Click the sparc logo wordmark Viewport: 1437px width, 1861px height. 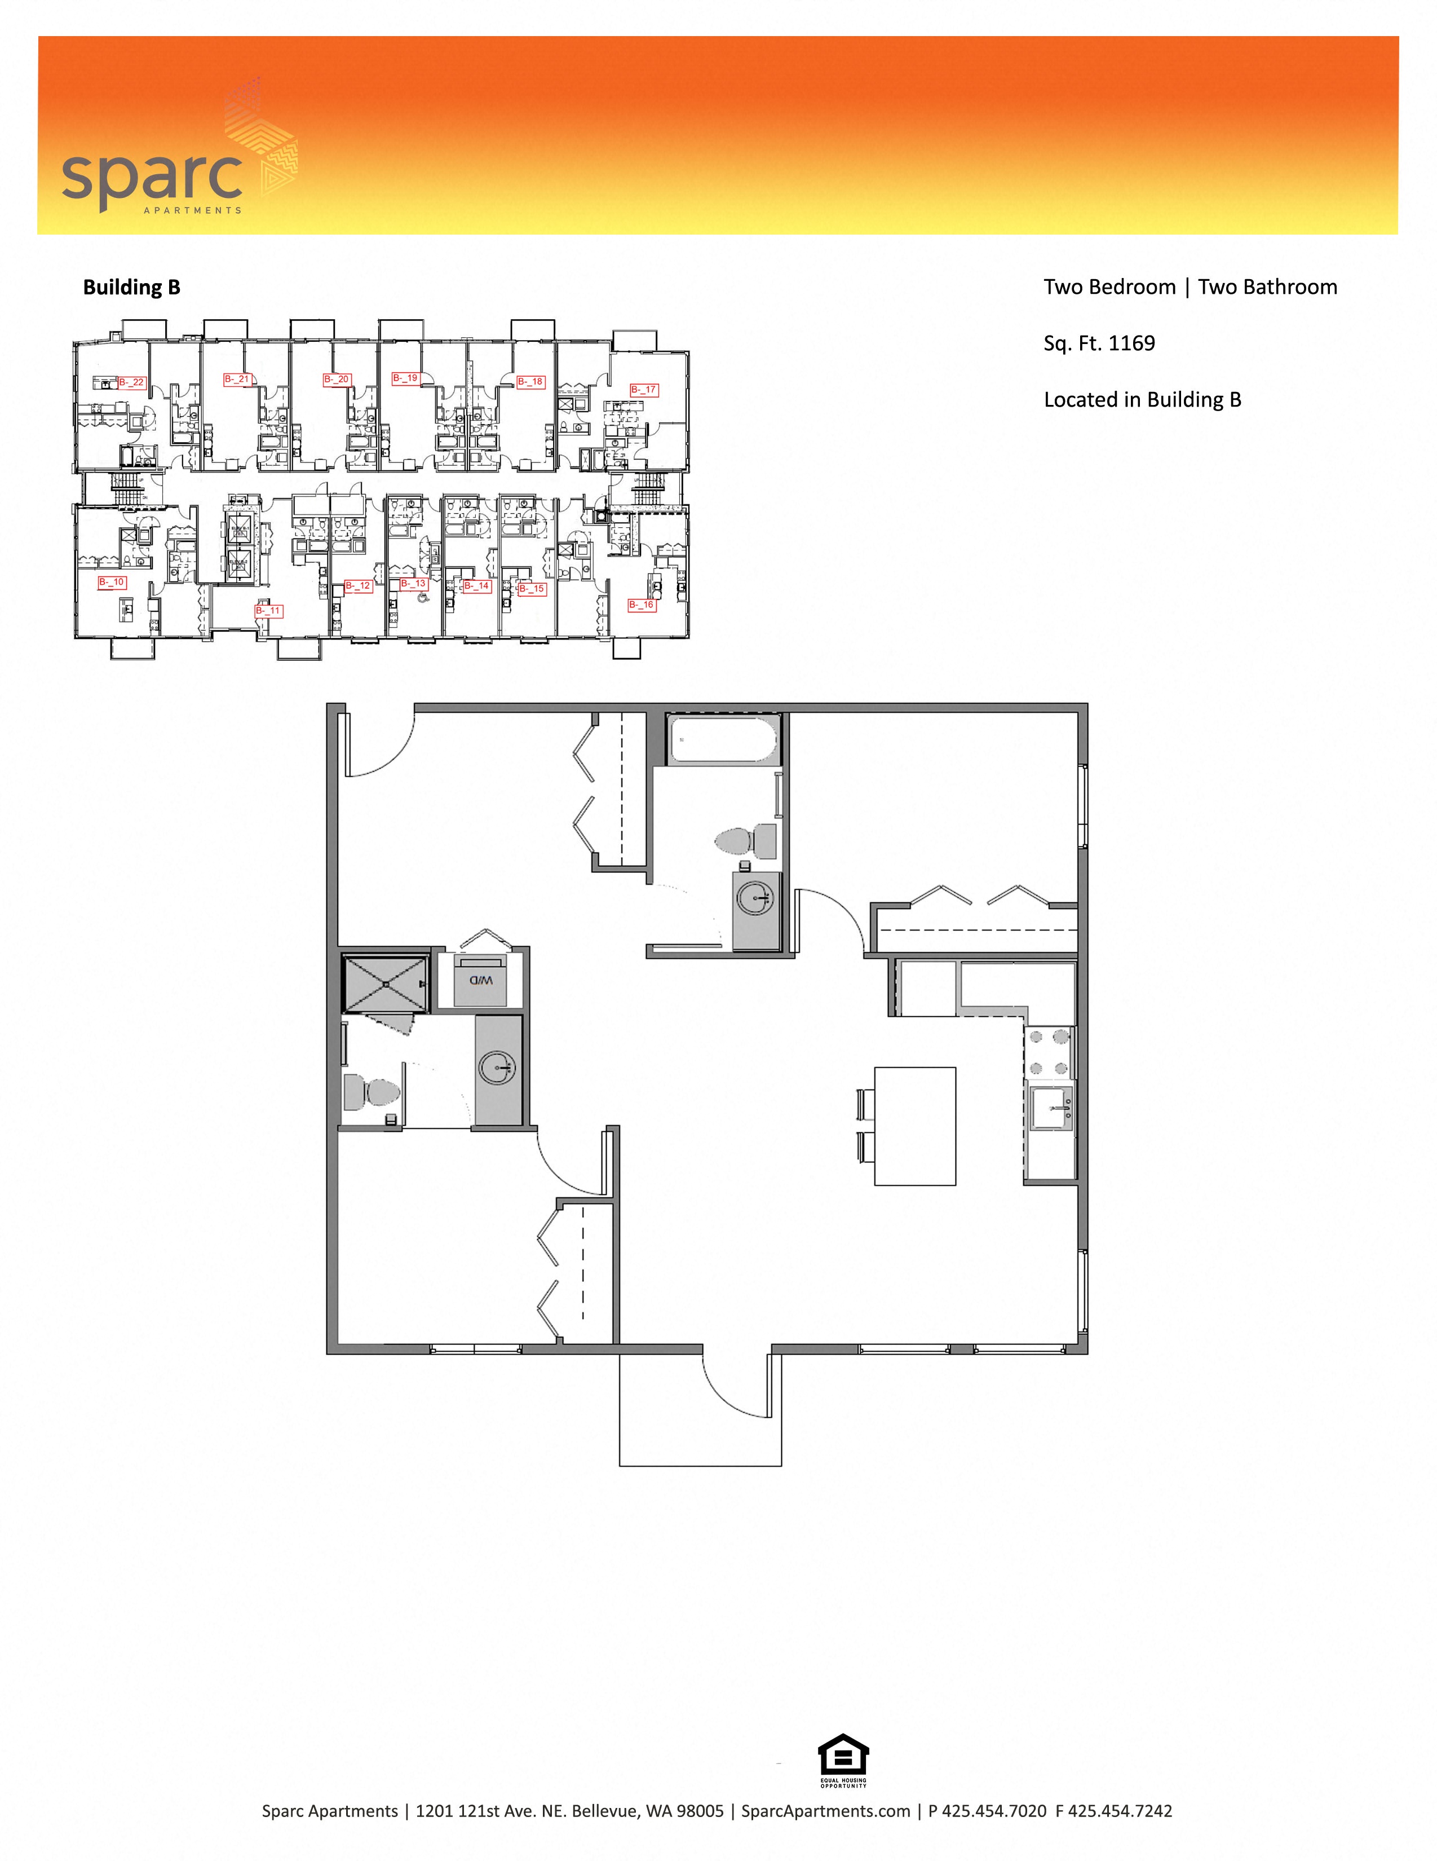(x=152, y=177)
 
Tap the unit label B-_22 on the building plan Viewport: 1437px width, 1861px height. (x=132, y=382)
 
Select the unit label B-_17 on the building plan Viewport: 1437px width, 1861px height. (x=644, y=390)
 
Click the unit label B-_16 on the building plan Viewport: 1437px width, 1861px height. (x=642, y=605)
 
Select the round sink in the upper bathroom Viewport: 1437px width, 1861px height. (x=755, y=897)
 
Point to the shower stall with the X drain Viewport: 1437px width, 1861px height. (x=385, y=984)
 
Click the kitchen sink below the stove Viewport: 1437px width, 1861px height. (x=1051, y=1108)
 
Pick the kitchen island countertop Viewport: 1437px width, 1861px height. (x=915, y=1126)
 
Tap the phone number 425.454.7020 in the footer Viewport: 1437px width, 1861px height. (x=994, y=1811)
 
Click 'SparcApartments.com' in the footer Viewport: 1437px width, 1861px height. (x=825, y=1811)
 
